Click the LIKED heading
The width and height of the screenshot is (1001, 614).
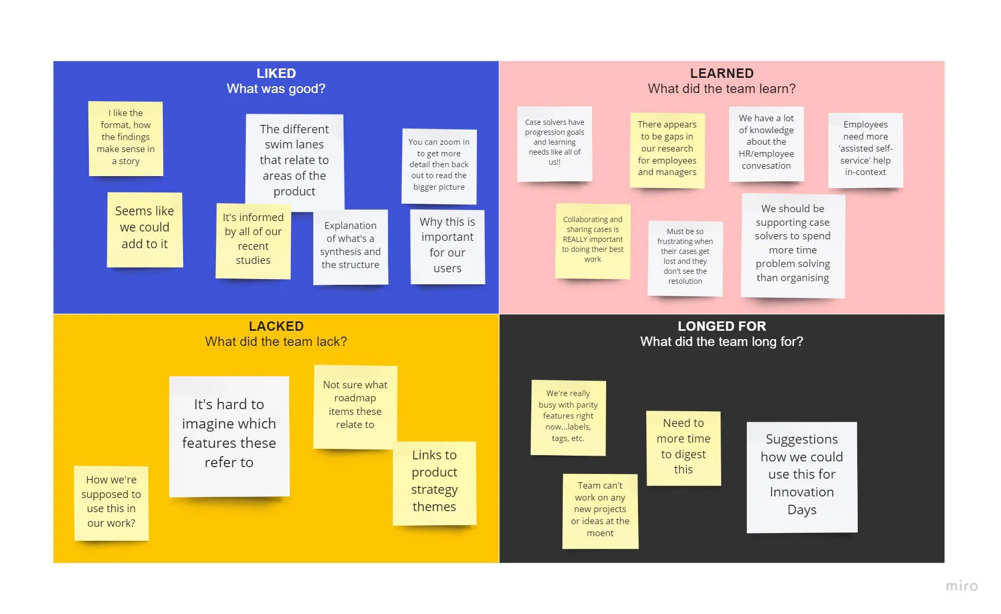pyautogui.click(x=276, y=73)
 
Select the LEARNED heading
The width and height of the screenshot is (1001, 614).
pyautogui.click(x=721, y=73)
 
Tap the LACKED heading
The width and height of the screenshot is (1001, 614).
pyautogui.click(x=276, y=326)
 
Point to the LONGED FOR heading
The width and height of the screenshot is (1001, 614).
pyautogui.click(x=721, y=326)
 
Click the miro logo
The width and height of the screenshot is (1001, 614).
pyautogui.click(x=961, y=586)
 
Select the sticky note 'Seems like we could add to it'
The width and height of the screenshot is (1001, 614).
pyautogui.click(x=144, y=228)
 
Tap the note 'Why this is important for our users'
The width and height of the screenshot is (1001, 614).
pyautogui.click(x=447, y=246)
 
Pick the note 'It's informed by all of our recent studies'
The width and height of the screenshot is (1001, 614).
pyautogui.click(x=253, y=239)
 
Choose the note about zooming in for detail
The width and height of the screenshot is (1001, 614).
pyautogui.click(x=439, y=165)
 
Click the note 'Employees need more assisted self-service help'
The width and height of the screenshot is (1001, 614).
pyautogui.click(x=865, y=148)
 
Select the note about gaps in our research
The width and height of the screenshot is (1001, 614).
pyautogui.click(x=667, y=148)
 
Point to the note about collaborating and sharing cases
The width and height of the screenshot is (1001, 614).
pyautogui.click(x=593, y=239)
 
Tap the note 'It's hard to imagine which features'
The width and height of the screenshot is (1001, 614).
pyautogui.click(x=229, y=434)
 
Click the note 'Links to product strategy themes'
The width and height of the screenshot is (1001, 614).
pyautogui.click(x=434, y=481)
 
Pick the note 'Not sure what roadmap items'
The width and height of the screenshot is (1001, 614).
pyautogui.click(x=355, y=405)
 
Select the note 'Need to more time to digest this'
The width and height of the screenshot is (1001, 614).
pyautogui.click(x=683, y=447)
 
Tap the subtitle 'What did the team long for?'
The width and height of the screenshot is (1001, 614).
pyautogui.click(x=721, y=342)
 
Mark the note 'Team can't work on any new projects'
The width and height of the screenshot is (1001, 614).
pyautogui.click(x=600, y=509)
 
